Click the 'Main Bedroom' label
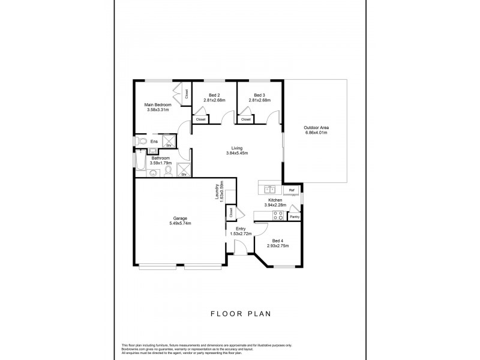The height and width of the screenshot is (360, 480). [x=157, y=104]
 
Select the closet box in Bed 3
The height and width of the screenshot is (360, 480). [x=246, y=119]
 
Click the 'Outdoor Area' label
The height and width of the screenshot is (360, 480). [x=316, y=127]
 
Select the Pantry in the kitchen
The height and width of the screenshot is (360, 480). [x=295, y=216]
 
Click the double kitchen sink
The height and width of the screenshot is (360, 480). [x=269, y=188]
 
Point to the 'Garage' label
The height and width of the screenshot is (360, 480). [x=179, y=218]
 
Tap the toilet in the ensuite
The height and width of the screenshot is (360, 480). [x=141, y=142]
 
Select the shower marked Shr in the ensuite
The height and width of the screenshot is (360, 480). [x=169, y=142]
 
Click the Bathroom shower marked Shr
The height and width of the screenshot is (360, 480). [x=184, y=171]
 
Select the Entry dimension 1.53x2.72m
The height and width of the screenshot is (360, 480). [x=241, y=233]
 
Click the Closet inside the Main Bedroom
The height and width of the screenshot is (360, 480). [x=186, y=94]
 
